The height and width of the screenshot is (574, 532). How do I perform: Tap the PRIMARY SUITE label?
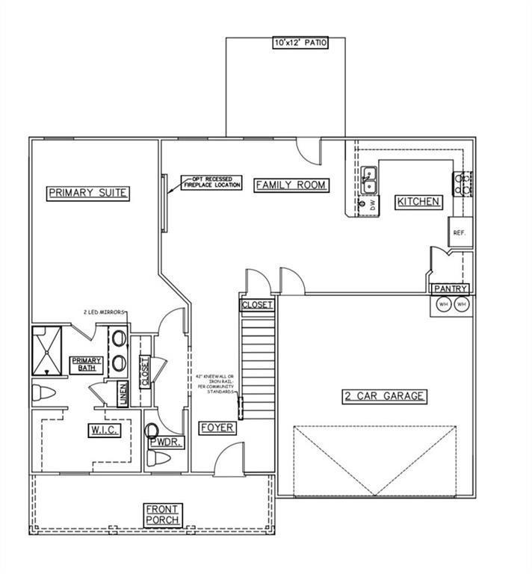point(88,193)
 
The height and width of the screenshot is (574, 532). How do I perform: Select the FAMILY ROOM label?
point(291,185)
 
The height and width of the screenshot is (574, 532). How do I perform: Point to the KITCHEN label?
point(418,202)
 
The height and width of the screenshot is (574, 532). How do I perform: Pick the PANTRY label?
point(451,288)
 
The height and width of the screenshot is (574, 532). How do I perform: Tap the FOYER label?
point(217,428)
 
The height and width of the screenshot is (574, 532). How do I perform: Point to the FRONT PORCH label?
point(164,513)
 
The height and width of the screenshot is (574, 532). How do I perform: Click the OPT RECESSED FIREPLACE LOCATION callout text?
point(211,182)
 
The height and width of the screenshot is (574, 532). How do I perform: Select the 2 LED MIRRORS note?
point(102,312)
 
